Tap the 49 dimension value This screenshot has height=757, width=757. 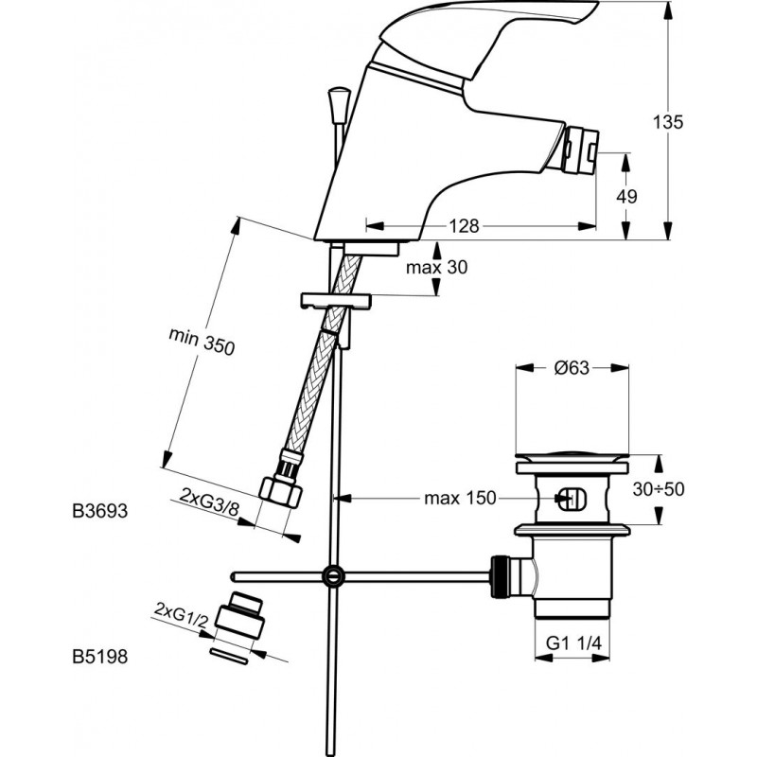[625, 196]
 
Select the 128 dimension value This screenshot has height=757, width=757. [464, 226]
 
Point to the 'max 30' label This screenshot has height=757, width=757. [436, 268]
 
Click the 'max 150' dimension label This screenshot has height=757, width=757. [460, 498]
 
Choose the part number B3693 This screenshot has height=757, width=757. [98, 511]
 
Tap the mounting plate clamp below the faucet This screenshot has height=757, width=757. [334, 302]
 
